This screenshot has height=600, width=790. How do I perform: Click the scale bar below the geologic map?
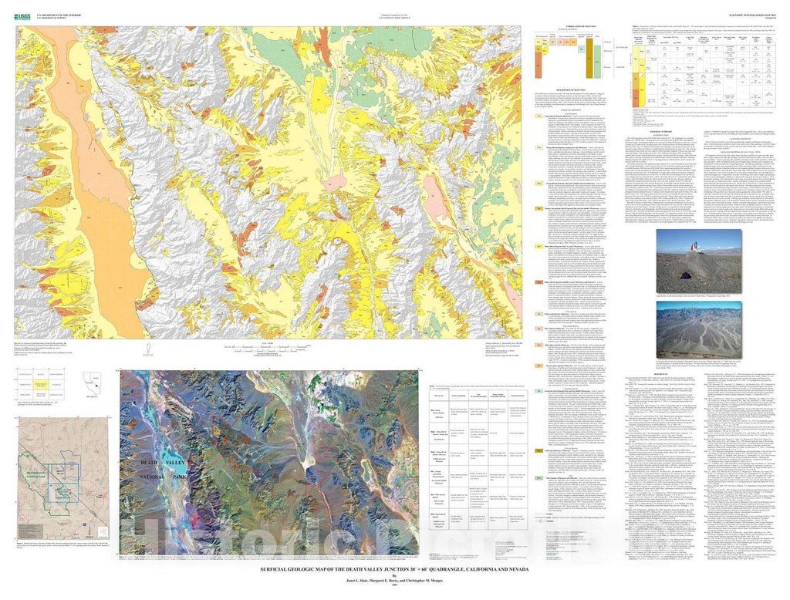(x=265, y=349)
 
